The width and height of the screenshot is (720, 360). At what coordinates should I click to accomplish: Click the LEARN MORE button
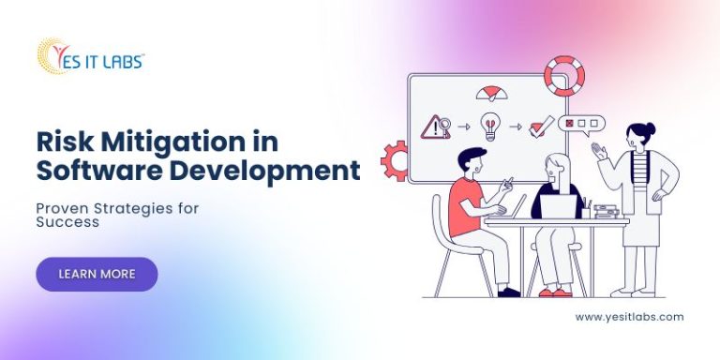(97, 274)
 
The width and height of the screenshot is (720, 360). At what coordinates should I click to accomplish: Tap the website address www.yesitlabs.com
(629, 317)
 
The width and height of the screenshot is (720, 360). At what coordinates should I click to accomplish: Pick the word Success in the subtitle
(67, 223)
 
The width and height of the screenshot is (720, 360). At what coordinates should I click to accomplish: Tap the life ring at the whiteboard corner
(563, 75)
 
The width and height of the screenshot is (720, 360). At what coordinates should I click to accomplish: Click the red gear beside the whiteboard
(395, 160)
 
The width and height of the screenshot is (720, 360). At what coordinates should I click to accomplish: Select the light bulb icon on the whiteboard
(488, 124)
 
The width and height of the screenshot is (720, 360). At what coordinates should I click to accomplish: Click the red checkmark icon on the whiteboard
(542, 124)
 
